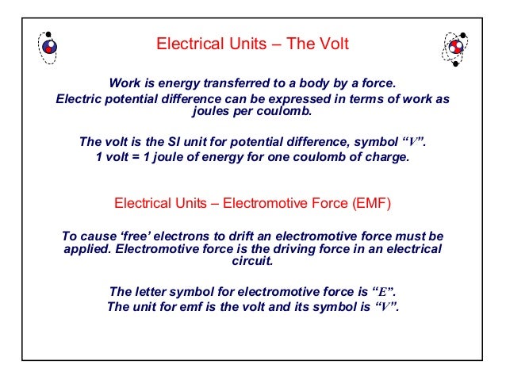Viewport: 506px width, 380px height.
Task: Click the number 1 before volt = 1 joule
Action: click(x=98, y=157)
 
